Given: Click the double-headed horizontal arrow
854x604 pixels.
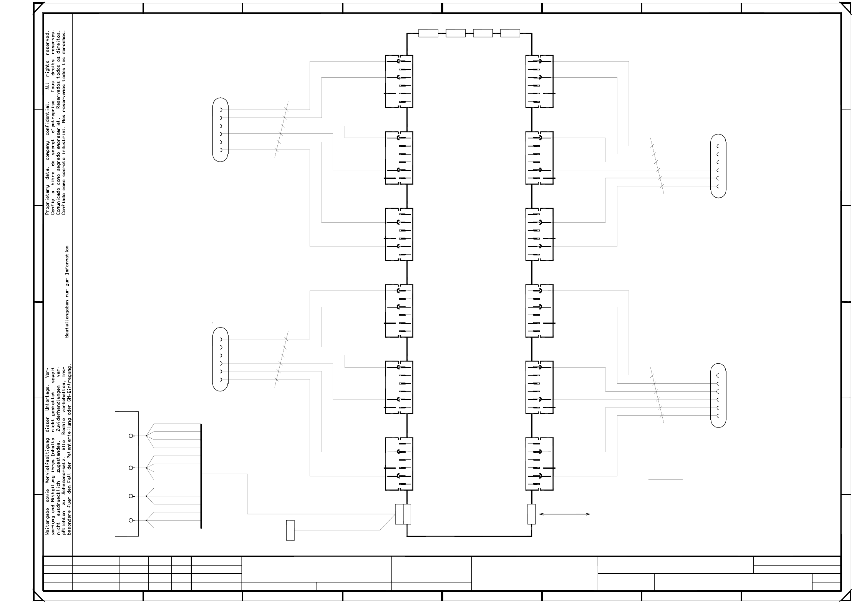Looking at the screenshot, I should (564, 514).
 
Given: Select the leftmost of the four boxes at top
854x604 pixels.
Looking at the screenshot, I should (428, 33).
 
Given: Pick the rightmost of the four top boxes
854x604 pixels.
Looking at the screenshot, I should (510, 33).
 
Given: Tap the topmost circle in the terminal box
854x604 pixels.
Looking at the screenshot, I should (131, 436).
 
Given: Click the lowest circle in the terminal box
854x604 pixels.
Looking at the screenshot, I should (131, 520).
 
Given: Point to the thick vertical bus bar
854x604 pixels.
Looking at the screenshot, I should (201, 476).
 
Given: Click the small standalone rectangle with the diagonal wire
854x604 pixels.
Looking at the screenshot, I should (290, 530).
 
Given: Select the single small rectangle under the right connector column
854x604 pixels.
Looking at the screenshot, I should (531, 514).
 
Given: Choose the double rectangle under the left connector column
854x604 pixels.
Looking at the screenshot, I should (403, 514).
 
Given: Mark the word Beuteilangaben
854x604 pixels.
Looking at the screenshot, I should (67, 318).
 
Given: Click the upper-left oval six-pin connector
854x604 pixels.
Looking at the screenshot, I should (220, 130).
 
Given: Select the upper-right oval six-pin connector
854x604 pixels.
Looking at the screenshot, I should (718, 166).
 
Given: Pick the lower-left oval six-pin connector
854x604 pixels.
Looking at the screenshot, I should (220, 359).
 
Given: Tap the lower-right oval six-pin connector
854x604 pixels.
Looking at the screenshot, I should (718, 395).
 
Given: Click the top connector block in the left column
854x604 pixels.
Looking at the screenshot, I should (399, 82).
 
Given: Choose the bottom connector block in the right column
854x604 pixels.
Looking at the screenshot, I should (539, 464).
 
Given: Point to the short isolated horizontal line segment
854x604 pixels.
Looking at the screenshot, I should (665, 479).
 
